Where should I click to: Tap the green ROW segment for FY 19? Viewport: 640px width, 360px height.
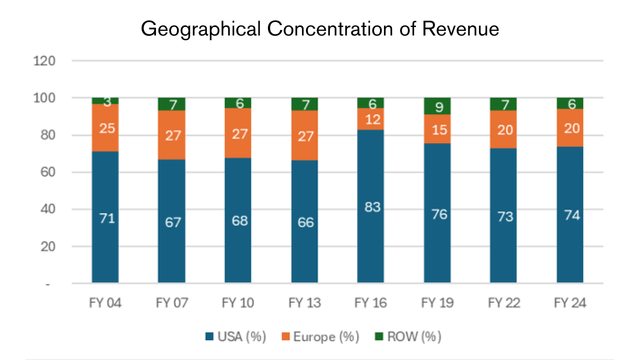click(x=437, y=106)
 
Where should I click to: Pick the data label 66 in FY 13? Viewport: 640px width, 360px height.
click(x=304, y=222)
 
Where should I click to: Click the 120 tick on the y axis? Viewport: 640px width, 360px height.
click(x=44, y=61)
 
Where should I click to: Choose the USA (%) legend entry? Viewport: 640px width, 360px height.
click(x=235, y=336)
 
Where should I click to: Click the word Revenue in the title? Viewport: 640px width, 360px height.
click(x=460, y=29)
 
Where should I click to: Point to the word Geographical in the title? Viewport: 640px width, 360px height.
click(x=200, y=29)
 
